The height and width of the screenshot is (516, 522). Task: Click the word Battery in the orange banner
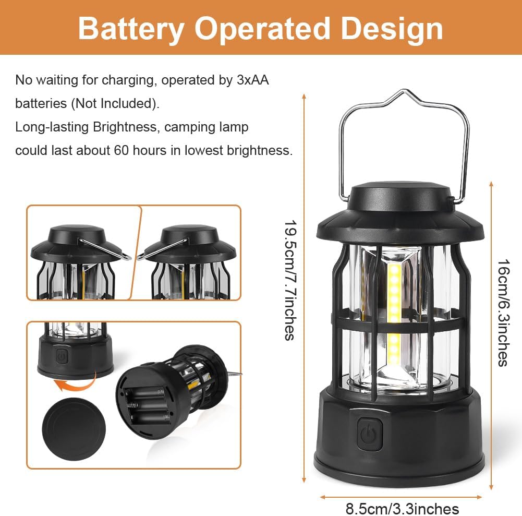click(131, 29)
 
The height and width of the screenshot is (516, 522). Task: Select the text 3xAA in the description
click(253, 80)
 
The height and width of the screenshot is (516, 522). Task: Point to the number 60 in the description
click(121, 150)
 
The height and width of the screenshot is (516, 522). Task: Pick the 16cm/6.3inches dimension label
click(503, 313)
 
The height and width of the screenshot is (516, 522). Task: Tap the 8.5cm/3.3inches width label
click(402, 509)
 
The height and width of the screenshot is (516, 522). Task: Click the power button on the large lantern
click(369, 434)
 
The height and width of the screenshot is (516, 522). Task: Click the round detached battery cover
click(74, 429)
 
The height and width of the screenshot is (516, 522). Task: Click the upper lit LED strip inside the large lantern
click(395, 293)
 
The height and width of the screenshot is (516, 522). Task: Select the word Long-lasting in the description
click(52, 127)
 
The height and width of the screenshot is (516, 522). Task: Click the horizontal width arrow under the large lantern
click(401, 497)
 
